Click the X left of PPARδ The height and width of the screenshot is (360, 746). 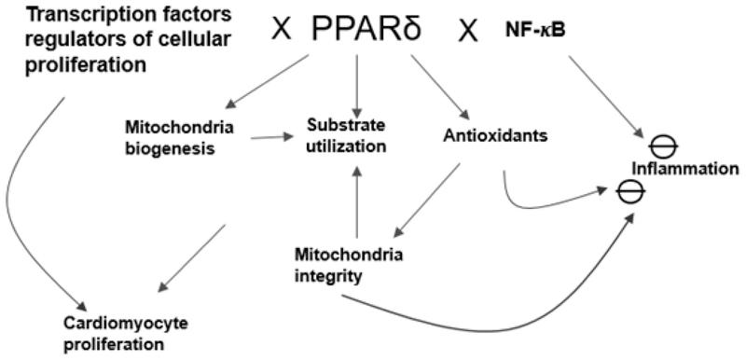(280, 29)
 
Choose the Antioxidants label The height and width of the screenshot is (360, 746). (492, 135)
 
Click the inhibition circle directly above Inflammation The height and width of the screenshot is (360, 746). (663, 145)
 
